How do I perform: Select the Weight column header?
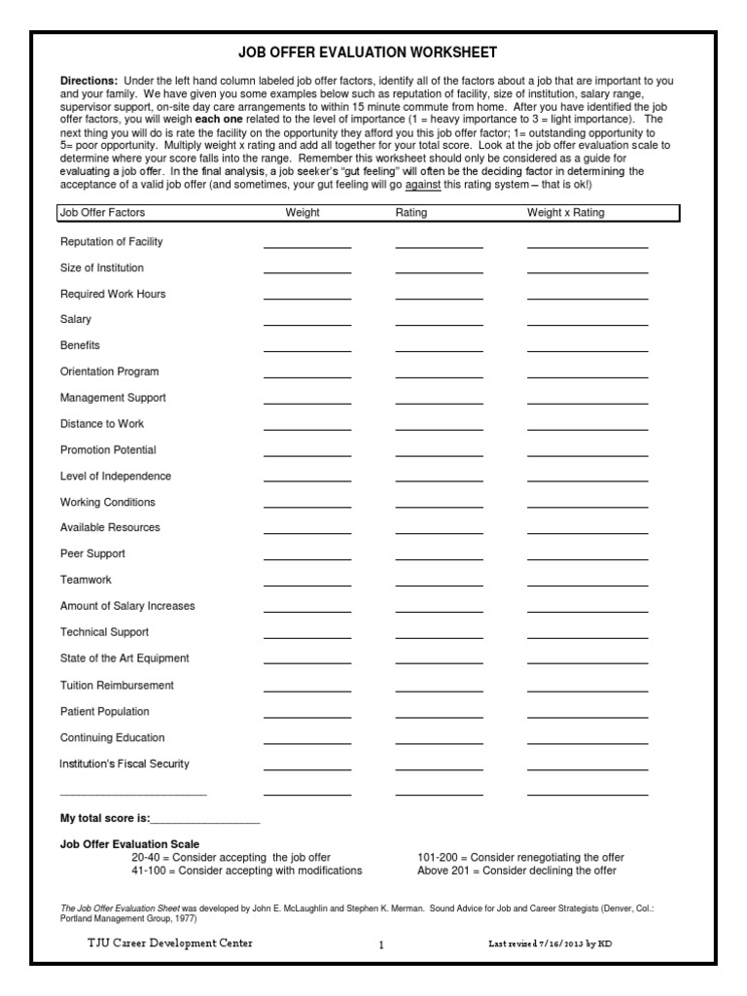point(302,213)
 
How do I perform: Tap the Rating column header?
point(411,213)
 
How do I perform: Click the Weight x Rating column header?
point(565,213)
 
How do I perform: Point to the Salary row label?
point(76,319)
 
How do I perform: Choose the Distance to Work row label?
point(102,423)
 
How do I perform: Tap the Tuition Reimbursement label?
point(117,685)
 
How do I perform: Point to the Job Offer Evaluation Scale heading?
point(130,844)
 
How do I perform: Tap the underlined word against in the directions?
point(423,185)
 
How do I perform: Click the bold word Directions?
point(89,80)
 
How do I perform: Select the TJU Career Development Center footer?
point(170,943)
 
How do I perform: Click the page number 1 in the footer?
point(381,944)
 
